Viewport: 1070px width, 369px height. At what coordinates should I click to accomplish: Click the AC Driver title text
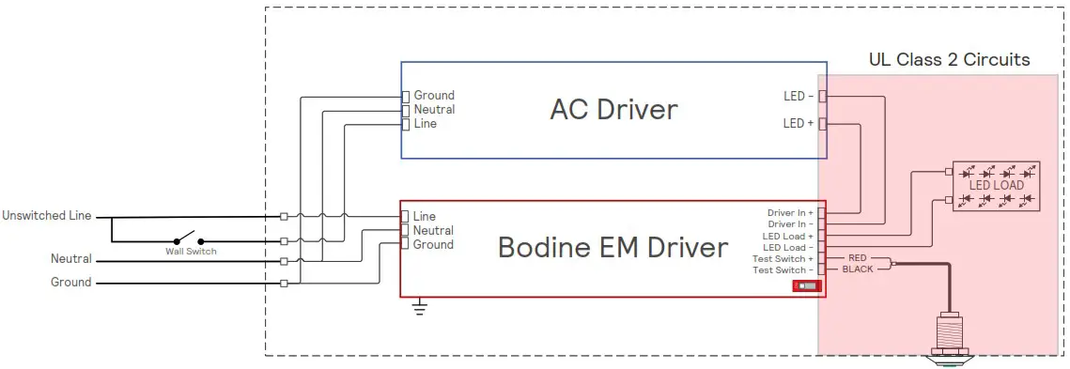point(613,109)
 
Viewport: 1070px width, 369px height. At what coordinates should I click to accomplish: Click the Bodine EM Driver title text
point(612,247)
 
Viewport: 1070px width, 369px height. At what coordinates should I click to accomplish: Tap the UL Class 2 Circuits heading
point(949,60)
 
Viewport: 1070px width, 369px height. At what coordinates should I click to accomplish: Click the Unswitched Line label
point(47,215)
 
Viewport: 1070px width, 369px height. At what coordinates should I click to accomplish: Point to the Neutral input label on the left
point(71,258)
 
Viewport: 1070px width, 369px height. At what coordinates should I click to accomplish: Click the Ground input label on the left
point(71,282)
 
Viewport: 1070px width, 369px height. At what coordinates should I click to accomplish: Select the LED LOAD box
point(996,185)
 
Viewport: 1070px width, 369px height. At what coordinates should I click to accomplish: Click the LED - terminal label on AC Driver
point(799,96)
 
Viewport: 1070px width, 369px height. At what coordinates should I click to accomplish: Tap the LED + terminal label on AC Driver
point(799,123)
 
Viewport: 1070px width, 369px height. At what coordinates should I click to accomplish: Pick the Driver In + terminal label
point(790,213)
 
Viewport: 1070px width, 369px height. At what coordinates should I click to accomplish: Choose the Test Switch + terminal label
point(783,258)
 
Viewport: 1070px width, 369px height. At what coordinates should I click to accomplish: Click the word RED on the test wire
point(857,257)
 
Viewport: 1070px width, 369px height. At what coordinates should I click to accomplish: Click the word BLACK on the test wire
point(857,269)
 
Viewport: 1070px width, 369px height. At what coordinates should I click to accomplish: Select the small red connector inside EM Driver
point(805,285)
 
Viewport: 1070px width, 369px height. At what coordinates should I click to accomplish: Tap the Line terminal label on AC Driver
point(425,123)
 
